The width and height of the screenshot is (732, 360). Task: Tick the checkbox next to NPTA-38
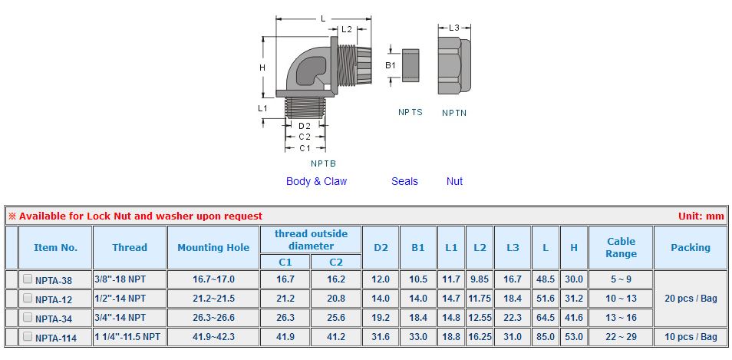point(28,279)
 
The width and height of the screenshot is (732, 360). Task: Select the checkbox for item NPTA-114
point(28,335)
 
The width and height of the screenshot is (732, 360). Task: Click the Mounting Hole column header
point(213,247)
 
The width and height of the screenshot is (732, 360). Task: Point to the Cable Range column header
point(621,247)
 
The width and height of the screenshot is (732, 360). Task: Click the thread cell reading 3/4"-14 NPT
point(120,318)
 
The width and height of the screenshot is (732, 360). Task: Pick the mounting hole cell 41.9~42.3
point(213,337)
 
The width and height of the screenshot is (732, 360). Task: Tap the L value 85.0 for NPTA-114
point(546,337)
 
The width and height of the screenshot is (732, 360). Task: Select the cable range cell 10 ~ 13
point(621,299)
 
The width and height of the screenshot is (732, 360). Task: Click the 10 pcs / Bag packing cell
point(691,337)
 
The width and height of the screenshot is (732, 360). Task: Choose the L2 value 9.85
point(480,279)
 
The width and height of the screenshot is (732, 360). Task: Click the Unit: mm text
point(701,216)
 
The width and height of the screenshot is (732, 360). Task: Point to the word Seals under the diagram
point(404,181)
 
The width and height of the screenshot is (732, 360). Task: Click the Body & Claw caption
point(317,181)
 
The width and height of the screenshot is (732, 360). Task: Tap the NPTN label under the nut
point(454,113)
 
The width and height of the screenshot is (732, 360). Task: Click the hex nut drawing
point(455,66)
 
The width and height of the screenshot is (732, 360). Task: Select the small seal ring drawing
point(411,65)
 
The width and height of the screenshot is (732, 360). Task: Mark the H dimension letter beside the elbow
point(262,68)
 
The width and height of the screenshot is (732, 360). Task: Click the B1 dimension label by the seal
point(391,65)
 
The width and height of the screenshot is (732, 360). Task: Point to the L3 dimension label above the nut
point(454,28)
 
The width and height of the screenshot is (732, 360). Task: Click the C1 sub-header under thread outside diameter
point(285,262)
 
